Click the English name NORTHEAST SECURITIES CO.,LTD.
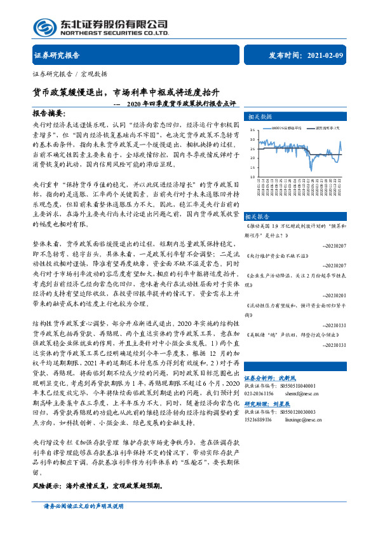(x=114, y=33)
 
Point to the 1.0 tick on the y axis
(x=252, y=176)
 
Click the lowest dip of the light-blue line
(x=311, y=170)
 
